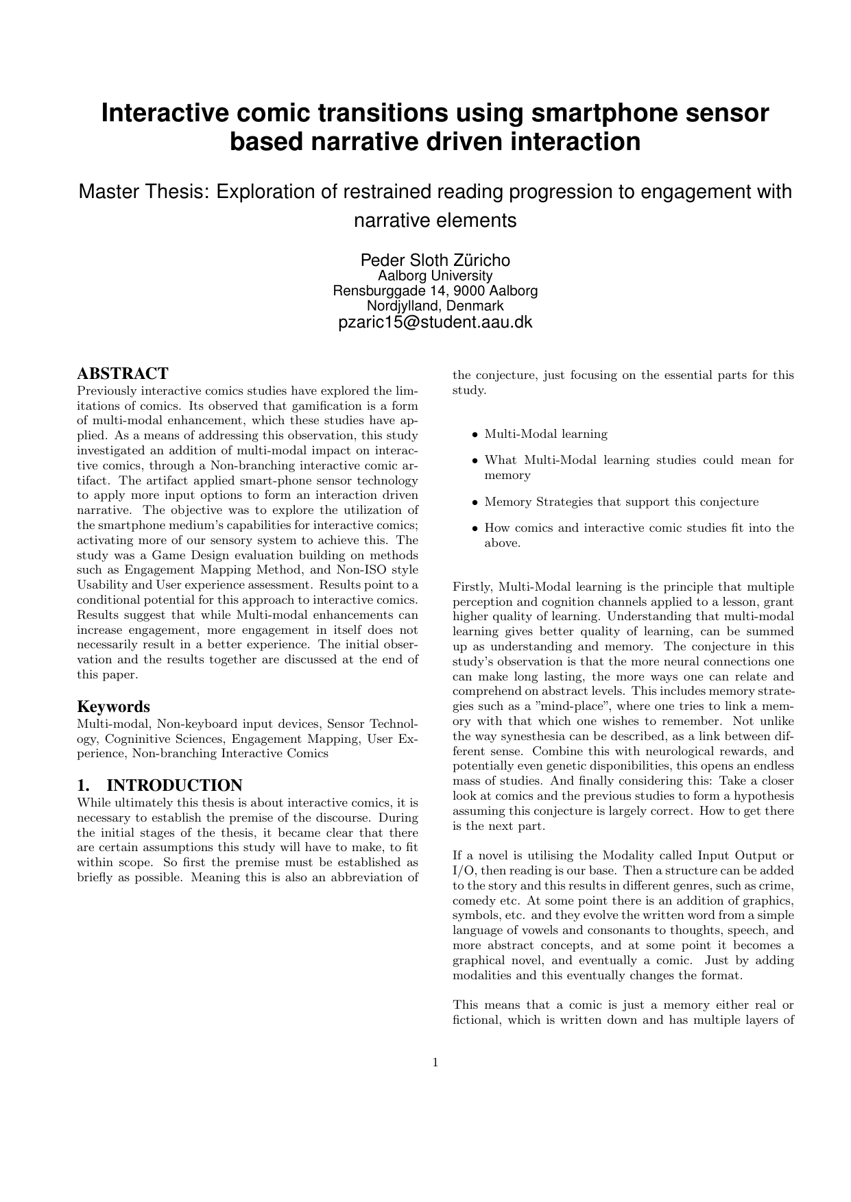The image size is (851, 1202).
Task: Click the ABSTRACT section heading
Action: pyautogui.click(x=122, y=373)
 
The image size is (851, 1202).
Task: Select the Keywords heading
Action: pyautogui.click(x=113, y=707)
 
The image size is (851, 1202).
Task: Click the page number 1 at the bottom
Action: pyautogui.click(x=435, y=1063)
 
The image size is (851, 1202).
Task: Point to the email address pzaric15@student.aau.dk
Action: pyautogui.click(x=435, y=322)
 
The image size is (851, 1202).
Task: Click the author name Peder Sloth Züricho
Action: pyautogui.click(x=435, y=260)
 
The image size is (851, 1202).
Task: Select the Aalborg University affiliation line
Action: pyautogui.click(x=435, y=275)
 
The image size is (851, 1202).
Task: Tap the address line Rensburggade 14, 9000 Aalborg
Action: pyautogui.click(x=435, y=291)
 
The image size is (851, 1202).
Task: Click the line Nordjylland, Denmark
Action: pyautogui.click(x=435, y=306)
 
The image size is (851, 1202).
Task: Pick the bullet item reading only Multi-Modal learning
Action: pyautogui.click(x=546, y=434)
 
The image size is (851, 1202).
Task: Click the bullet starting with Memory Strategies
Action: pyautogui.click(x=621, y=502)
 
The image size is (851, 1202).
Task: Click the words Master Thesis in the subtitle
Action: pyautogui.click(x=143, y=191)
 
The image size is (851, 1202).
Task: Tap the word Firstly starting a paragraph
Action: pyautogui.click(x=473, y=587)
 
